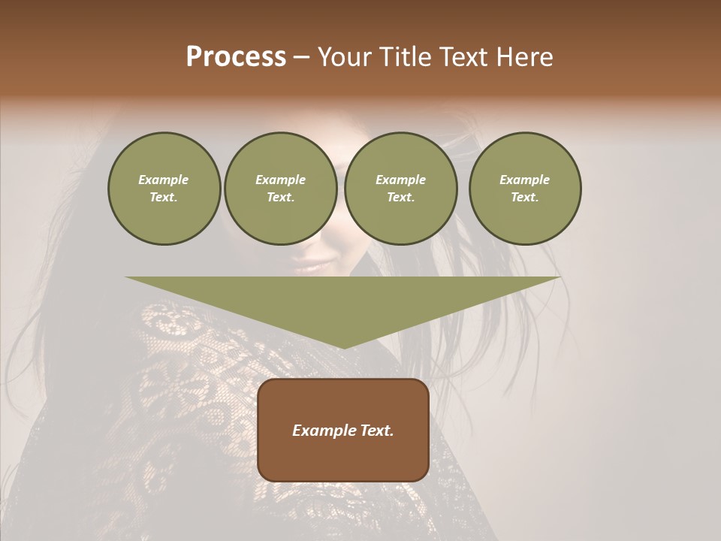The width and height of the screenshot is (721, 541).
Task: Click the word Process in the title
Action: coord(236,57)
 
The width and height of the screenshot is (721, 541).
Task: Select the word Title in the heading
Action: coord(404,57)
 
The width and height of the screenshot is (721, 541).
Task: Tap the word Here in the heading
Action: coord(526,57)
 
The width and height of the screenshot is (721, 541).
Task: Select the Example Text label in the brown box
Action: coord(343,431)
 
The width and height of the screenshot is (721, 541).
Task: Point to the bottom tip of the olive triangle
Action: coord(343,346)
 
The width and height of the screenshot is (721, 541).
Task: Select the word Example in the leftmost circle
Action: coord(164,180)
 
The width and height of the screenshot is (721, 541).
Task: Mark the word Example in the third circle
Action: coord(401,180)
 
